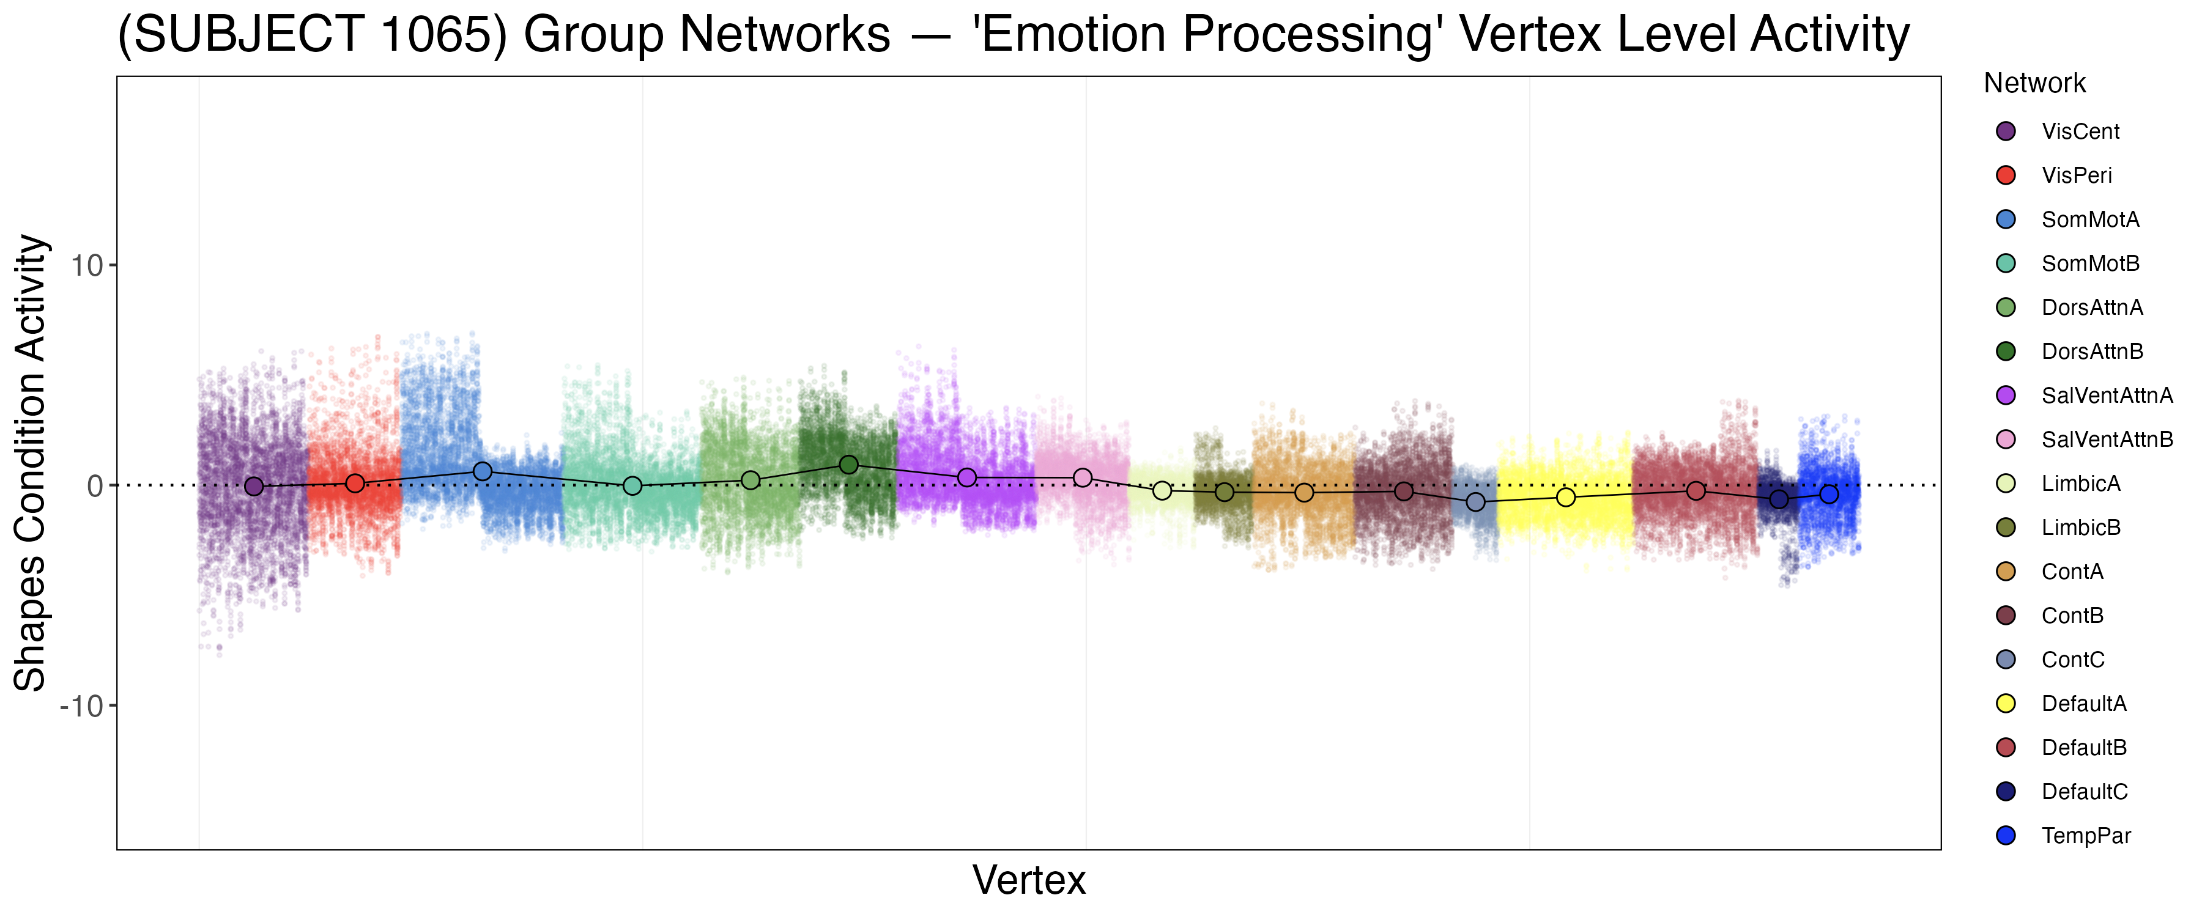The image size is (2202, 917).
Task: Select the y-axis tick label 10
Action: point(86,266)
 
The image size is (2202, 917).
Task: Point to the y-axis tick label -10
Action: point(81,707)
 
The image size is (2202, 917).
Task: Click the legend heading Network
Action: point(2034,84)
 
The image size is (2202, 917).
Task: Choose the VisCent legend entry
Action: point(2080,131)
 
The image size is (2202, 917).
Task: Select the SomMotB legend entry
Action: point(2089,263)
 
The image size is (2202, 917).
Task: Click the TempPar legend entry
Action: point(2085,836)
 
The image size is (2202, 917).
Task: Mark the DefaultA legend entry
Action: point(2083,704)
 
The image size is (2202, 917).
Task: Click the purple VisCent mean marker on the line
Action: point(254,486)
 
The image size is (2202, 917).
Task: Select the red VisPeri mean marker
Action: point(355,484)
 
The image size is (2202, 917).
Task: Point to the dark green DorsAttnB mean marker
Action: point(849,465)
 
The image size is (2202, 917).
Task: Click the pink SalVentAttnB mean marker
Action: point(1082,477)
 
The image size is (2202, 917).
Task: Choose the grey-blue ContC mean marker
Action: point(1475,502)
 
